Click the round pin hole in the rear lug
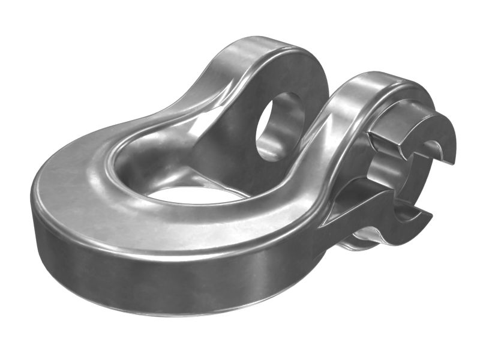pyautogui.click(x=280, y=126)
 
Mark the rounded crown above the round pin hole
pyautogui.click(x=270, y=51)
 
